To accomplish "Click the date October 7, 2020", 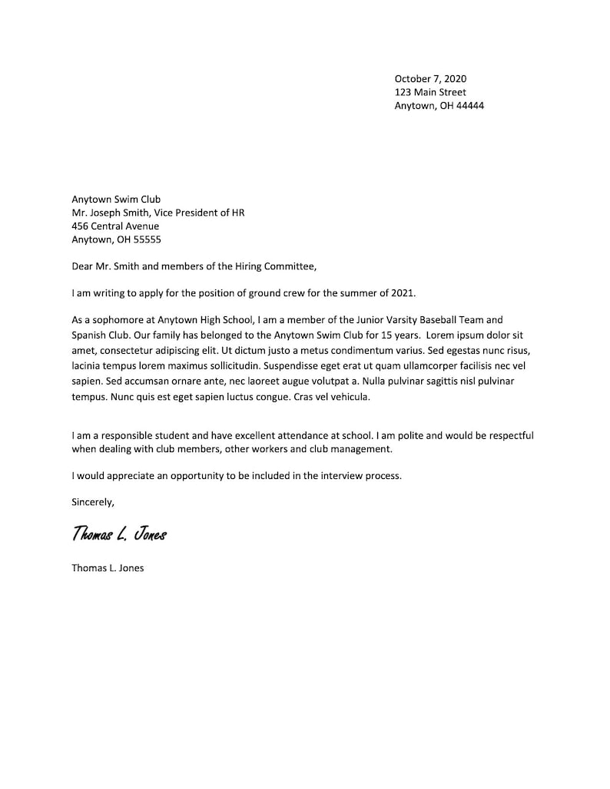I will pos(430,78).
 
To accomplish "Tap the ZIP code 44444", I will pos(470,106).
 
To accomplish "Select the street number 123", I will pos(404,92).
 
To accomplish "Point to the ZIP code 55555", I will pos(147,239).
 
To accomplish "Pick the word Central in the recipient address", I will pos(112,226).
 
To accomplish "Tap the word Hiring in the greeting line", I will pos(246,266).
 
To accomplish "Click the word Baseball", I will pos(433,319).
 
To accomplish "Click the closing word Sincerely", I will pos(93,503).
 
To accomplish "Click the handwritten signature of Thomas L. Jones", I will pos(119,534).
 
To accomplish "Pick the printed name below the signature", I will pos(108,569).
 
